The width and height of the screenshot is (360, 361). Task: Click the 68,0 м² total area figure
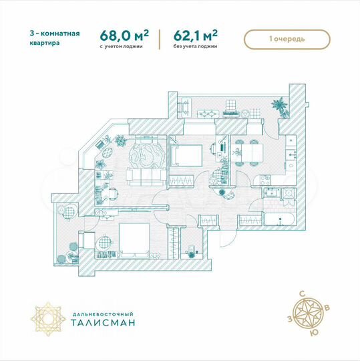(x=124, y=34)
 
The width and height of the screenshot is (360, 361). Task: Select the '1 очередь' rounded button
(x=288, y=39)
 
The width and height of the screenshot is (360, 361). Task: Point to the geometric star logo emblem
(x=48, y=316)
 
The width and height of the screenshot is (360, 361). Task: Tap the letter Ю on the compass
(x=316, y=332)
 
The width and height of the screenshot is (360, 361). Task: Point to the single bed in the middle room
(x=185, y=156)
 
